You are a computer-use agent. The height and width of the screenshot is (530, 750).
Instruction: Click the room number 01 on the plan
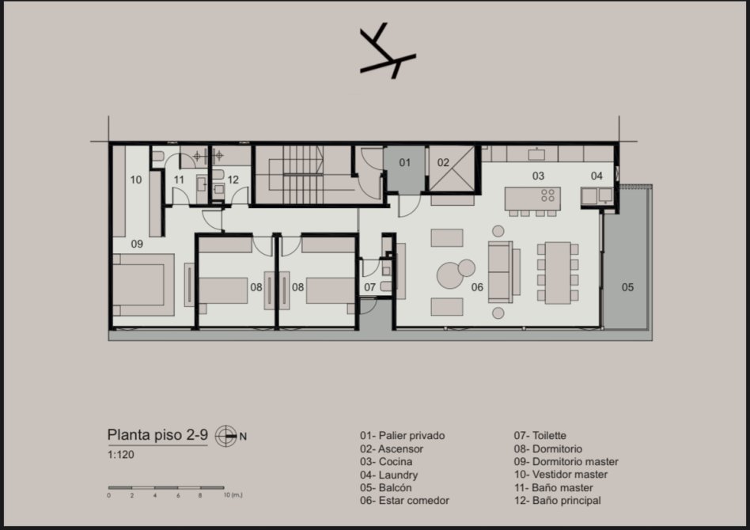(x=404, y=163)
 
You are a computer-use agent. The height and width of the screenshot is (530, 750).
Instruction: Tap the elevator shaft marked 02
(x=452, y=168)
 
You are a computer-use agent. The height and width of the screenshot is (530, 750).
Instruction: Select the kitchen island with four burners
(x=532, y=199)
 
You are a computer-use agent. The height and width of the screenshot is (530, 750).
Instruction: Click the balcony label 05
(x=627, y=287)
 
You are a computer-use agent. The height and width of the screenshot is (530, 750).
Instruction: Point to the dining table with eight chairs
(x=558, y=273)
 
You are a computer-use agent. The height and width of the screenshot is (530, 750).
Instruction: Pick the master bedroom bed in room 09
(x=143, y=285)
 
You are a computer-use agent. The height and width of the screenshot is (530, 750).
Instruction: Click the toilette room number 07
(x=369, y=287)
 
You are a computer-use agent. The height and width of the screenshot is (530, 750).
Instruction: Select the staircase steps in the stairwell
(x=303, y=175)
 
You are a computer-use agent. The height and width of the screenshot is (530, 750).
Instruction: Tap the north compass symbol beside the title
(x=225, y=436)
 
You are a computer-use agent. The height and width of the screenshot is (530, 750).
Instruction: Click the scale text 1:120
(x=120, y=454)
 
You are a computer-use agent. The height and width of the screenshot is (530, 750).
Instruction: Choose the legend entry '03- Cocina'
(x=386, y=462)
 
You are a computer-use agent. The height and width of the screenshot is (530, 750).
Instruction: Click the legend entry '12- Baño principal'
(x=557, y=501)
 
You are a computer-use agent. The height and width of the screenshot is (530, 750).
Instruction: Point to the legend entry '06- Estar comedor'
(x=404, y=501)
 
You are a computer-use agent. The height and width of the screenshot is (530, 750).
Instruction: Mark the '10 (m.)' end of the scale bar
(x=233, y=495)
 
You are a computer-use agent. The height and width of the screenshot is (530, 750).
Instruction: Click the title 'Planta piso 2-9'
(x=157, y=435)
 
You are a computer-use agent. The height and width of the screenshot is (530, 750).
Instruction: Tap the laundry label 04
(x=597, y=176)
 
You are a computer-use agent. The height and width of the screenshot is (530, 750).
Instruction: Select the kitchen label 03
(x=538, y=176)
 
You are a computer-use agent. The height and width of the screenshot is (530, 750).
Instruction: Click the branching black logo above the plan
(x=388, y=51)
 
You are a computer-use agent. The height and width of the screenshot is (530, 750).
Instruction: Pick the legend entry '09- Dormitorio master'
(x=566, y=462)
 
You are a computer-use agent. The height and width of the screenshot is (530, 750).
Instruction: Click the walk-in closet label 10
(x=136, y=180)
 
